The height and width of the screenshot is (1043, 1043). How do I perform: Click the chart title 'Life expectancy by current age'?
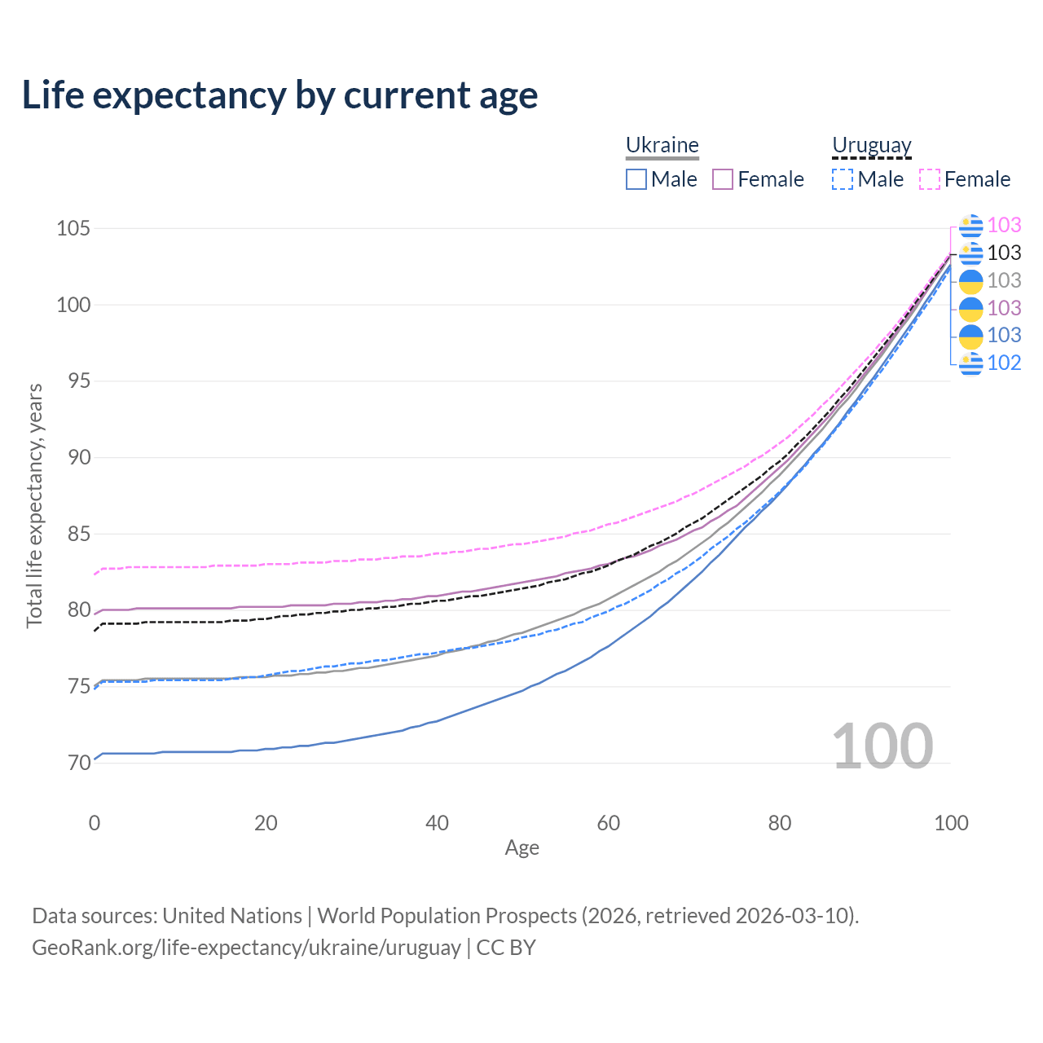(x=279, y=96)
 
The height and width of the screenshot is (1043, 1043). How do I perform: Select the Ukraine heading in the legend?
(x=662, y=145)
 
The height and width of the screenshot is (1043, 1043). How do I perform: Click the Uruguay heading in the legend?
(x=871, y=145)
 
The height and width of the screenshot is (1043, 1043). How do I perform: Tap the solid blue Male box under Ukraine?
(x=636, y=179)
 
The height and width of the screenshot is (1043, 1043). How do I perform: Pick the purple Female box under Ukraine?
(x=723, y=179)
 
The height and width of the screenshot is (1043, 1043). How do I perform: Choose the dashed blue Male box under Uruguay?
(x=843, y=179)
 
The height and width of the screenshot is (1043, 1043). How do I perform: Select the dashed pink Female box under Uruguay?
(x=930, y=179)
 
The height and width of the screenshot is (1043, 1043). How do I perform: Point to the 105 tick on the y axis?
(x=73, y=228)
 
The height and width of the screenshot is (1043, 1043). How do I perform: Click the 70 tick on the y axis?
(x=79, y=763)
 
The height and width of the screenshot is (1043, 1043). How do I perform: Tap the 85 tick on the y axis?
(x=79, y=534)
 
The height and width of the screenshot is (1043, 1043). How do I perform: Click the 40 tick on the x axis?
(x=437, y=823)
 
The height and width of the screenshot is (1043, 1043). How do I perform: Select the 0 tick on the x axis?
(x=95, y=823)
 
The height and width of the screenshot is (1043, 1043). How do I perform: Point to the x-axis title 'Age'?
(x=521, y=847)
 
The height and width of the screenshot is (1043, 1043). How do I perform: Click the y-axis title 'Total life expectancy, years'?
(x=34, y=506)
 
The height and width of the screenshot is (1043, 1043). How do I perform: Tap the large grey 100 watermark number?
(x=882, y=746)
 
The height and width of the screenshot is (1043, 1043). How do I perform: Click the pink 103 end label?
(x=1004, y=225)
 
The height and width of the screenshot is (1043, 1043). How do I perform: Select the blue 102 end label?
(x=1004, y=363)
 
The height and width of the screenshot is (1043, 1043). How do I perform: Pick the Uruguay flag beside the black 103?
(x=971, y=253)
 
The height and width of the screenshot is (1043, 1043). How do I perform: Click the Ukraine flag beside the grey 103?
(x=971, y=281)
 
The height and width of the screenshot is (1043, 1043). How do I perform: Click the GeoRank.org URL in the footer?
(x=246, y=948)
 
